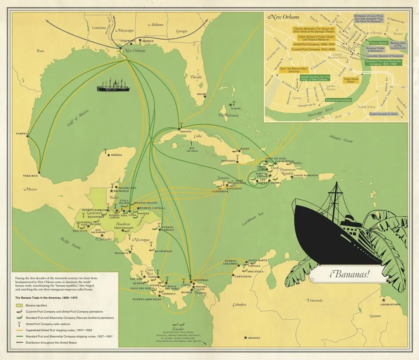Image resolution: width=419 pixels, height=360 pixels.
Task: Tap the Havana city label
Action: (186, 132)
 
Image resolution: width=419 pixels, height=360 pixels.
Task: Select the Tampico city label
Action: (22, 134)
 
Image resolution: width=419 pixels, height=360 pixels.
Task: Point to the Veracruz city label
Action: (31, 176)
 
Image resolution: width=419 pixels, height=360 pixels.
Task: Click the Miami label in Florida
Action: (201, 94)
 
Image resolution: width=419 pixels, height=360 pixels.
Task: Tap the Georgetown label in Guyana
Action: (390, 305)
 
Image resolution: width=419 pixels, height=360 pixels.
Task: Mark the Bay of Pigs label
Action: (193, 149)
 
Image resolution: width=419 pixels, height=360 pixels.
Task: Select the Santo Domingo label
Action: (306, 176)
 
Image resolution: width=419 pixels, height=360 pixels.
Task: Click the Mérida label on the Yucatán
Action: (116, 155)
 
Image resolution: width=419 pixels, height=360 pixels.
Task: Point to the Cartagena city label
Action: (243, 276)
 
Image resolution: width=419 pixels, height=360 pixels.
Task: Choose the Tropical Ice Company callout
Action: (338, 100)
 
